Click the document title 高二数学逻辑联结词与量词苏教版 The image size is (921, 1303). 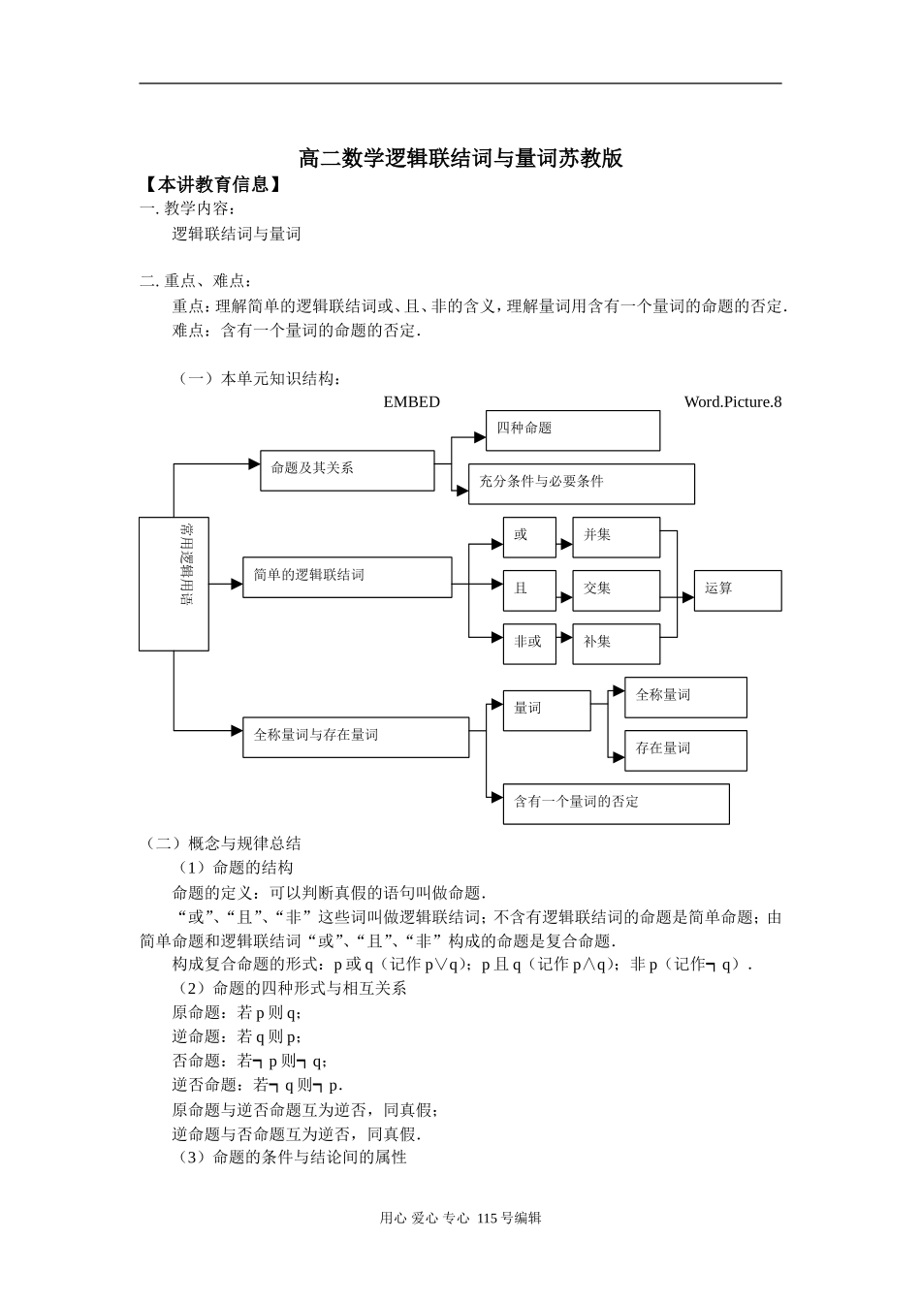tap(460, 158)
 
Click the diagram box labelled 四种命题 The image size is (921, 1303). tap(572, 430)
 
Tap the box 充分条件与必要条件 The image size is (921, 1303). tap(581, 484)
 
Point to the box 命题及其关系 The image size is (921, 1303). tap(347, 470)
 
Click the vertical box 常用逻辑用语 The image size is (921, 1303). tap(174, 584)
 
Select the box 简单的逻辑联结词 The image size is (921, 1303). tap(346, 578)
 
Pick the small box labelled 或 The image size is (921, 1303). tap(529, 537)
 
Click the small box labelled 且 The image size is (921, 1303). tap(529, 590)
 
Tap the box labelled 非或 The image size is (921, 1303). tap(529, 644)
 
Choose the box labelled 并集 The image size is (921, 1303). tap(616, 537)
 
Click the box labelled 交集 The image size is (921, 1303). tap(616, 590)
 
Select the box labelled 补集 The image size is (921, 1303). tap(616, 644)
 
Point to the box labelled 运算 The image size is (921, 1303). tap(737, 590)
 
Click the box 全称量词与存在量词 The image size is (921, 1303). tap(355, 738)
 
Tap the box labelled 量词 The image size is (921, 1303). tap(547, 711)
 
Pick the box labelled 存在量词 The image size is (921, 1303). tap(685, 750)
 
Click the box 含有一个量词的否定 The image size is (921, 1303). tap(616, 804)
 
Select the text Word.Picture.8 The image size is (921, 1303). tap(732, 402)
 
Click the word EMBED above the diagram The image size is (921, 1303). tap(411, 402)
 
